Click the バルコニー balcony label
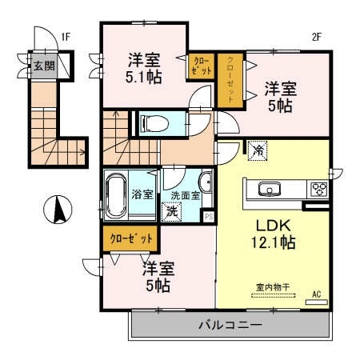tap(230, 326)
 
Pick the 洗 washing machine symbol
tap(170, 212)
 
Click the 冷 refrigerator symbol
tap(258, 150)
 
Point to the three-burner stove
tap(319, 189)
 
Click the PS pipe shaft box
tap(209, 215)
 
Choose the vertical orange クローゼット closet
tap(231, 79)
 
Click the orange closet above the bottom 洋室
tap(129, 238)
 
